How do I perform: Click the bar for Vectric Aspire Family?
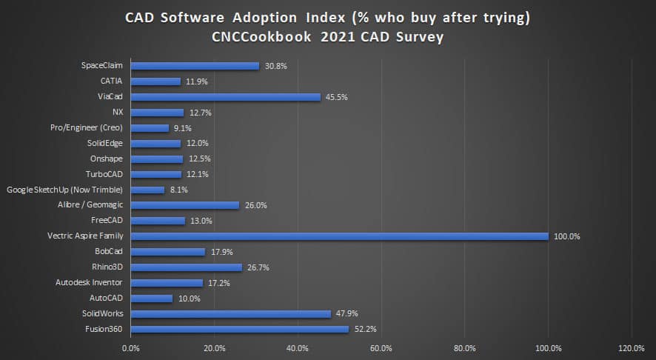click(339, 236)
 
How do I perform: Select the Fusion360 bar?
click(239, 329)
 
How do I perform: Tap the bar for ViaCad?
click(225, 97)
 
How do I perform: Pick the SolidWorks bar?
click(230, 313)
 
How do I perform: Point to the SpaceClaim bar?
click(195, 66)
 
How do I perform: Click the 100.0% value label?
click(567, 236)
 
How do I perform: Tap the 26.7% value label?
click(258, 267)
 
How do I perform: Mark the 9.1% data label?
click(182, 128)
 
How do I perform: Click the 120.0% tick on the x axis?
click(631, 348)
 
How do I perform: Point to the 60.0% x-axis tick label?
click(381, 348)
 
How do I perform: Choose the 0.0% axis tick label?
click(130, 348)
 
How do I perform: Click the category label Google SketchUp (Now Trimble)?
click(64, 190)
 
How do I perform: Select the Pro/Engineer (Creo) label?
click(87, 128)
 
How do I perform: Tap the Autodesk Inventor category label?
click(89, 282)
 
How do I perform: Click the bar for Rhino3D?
click(186, 267)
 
